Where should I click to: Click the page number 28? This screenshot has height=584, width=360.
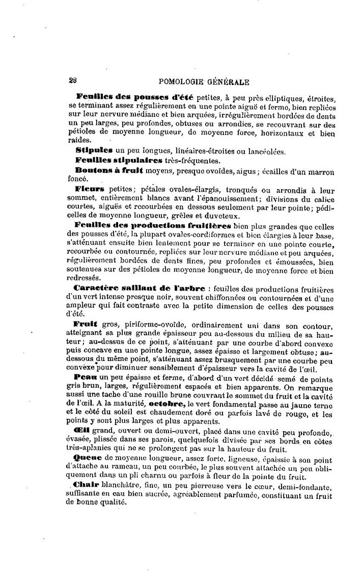click(72, 80)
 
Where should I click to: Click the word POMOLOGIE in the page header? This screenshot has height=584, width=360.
click(181, 81)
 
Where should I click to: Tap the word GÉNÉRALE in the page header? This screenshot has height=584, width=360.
click(228, 81)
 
